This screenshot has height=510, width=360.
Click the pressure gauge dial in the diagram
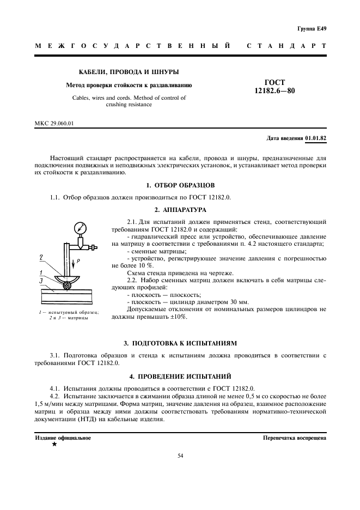(81, 227)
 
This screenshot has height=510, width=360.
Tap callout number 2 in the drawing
(42, 257)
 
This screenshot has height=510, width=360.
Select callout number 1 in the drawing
(41, 272)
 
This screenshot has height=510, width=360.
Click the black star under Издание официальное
(54, 445)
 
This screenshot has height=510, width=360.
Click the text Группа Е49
(312, 28)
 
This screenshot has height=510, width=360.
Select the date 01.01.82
(316, 138)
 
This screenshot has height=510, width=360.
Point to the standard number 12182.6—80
(274, 91)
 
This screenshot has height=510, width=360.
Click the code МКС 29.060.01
(54, 123)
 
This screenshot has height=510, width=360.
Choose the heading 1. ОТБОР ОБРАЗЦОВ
(180, 185)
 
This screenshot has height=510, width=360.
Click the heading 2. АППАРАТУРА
(180, 209)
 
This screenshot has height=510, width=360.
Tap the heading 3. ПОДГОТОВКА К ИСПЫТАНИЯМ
(180, 343)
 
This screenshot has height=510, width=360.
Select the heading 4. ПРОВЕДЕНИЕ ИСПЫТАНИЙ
(180, 376)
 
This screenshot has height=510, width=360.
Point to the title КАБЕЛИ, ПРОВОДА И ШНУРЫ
(129, 72)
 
